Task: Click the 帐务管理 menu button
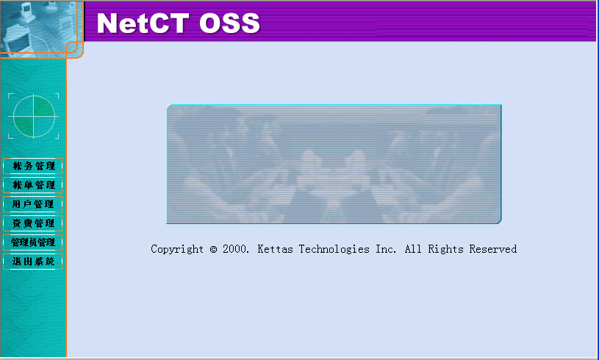point(33,166)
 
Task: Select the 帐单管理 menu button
point(33,185)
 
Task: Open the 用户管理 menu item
point(33,204)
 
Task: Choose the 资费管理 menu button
point(33,223)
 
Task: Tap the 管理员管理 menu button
point(33,242)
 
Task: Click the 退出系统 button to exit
point(33,262)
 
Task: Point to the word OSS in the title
point(229,23)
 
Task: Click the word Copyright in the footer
point(177,249)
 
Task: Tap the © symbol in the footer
point(213,249)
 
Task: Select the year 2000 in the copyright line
point(236,249)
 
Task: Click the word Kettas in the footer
point(275,249)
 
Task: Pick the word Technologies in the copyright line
point(334,249)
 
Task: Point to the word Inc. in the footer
point(386,249)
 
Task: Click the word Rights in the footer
point(445,249)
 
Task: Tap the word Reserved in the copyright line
point(493,249)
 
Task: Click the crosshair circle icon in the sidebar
point(34,116)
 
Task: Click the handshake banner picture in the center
point(334,164)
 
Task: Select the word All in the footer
point(413,249)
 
